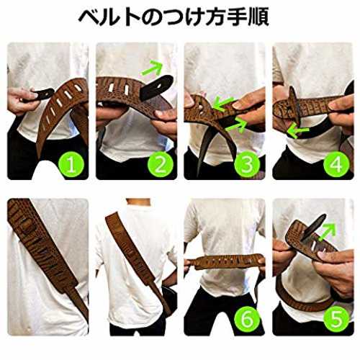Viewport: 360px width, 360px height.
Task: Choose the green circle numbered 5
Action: point(336,319)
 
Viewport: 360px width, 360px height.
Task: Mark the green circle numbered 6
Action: point(247,319)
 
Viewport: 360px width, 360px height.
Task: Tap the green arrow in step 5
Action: point(327,231)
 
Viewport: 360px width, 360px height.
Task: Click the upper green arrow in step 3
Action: point(222,103)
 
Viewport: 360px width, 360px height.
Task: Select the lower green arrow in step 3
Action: point(237,125)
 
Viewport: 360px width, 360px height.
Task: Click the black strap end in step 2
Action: point(156,87)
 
